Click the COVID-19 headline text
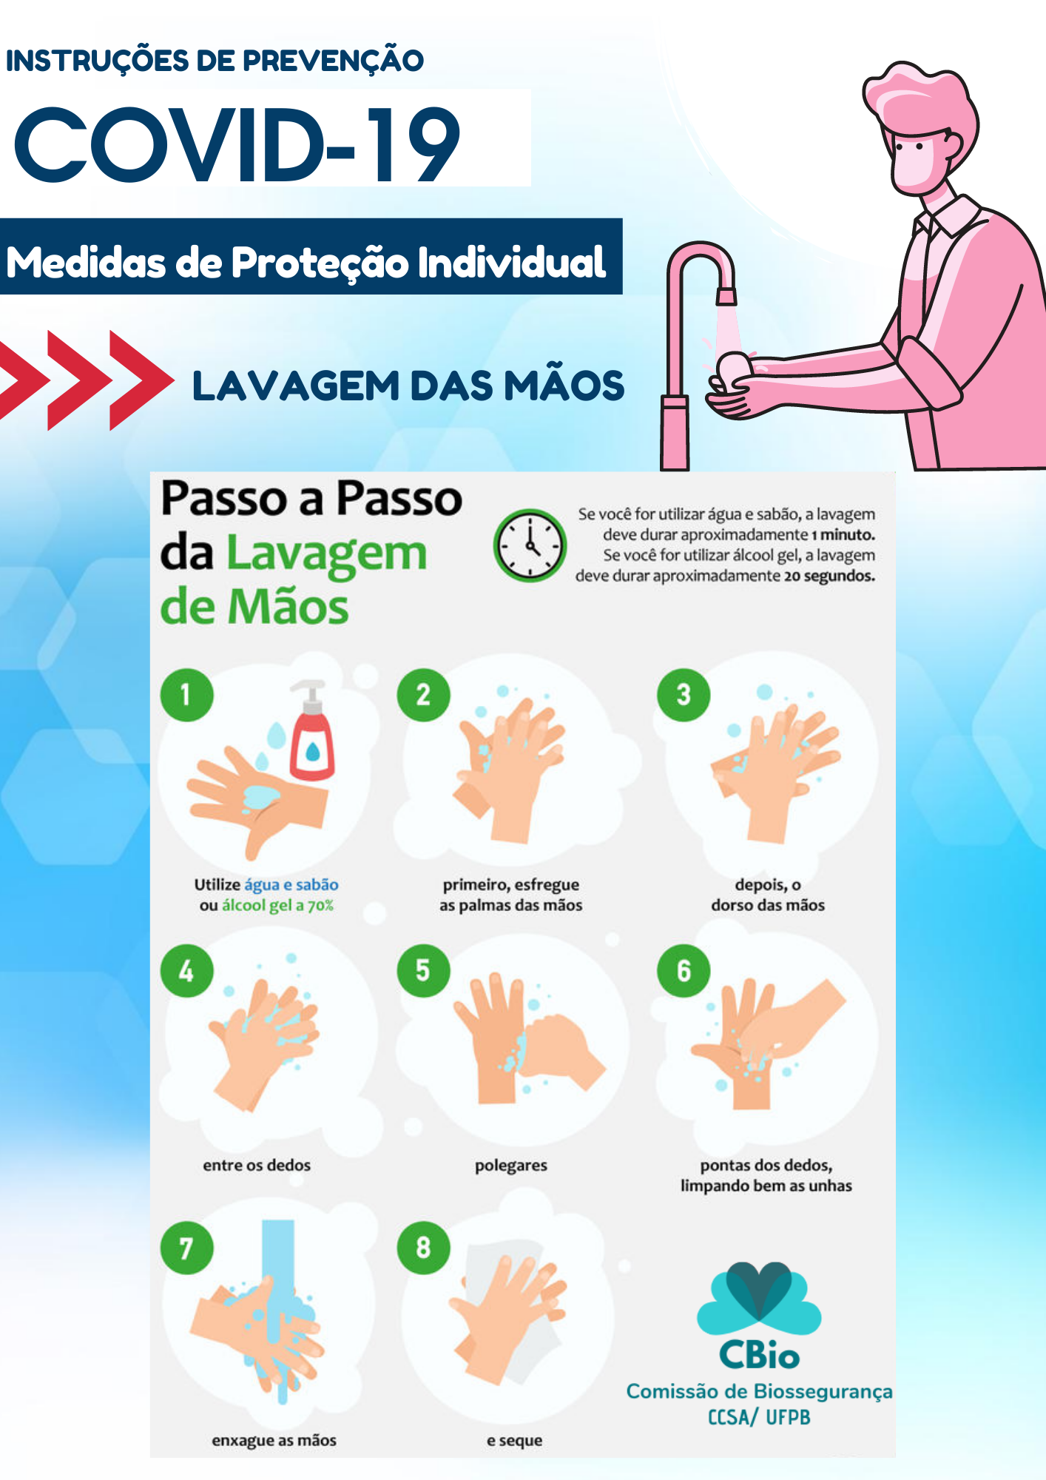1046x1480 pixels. point(237,144)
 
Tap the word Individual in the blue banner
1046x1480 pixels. point(512,262)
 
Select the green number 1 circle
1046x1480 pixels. point(186,695)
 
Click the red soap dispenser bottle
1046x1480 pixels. point(311,730)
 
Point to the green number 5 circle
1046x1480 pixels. point(423,970)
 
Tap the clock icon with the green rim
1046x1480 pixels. point(530,545)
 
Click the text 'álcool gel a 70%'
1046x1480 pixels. point(277,906)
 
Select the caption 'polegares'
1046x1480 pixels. point(511,1165)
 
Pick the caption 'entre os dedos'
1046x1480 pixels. point(257,1165)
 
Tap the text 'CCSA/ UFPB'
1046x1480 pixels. point(759,1417)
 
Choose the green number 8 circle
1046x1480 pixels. point(423,1247)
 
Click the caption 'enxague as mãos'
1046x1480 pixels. point(274,1440)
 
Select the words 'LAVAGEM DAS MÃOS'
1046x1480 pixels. point(408,386)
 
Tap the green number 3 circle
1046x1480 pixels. point(684,695)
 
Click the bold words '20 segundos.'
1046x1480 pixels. point(829,576)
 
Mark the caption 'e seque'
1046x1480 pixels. point(514,1440)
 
